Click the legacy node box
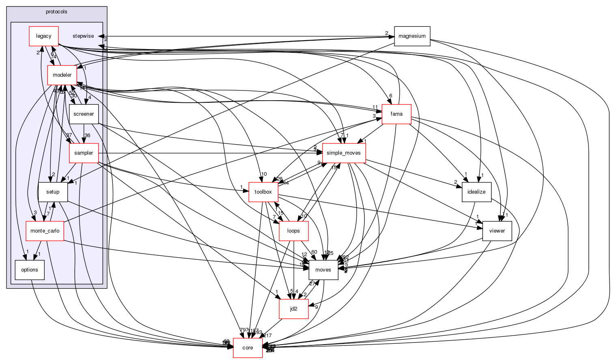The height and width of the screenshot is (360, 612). click(x=43, y=36)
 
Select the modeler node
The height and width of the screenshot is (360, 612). click(x=62, y=75)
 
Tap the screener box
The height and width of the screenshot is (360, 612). click(x=84, y=114)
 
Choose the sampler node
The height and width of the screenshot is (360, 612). click(x=84, y=153)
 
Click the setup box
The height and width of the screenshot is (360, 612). click(x=53, y=192)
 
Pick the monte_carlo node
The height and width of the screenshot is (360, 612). click(x=45, y=231)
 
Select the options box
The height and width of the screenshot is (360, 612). click(x=30, y=270)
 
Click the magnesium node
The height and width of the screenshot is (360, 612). click(x=412, y=36)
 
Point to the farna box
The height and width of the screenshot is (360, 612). click(x=397, y=114)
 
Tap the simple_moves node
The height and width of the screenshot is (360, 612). click(x=344, y=153)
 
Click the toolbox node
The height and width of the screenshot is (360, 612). click(x=263, y=192)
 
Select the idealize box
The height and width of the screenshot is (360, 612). click(x=476, y=192)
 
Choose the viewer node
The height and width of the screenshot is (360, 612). click(x=497, y=231)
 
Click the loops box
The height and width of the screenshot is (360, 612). click(x=293, y=231)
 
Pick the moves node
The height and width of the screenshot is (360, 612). click(x=323, y=270)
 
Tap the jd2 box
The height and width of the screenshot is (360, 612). click(x=293, y=309)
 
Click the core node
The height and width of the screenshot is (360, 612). click(x=248, y=348)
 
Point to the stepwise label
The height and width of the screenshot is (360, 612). click(x=83, y=36)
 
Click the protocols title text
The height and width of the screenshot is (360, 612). click(x=56, y=12)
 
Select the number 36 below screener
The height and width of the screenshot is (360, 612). click(x=87, y=136)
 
